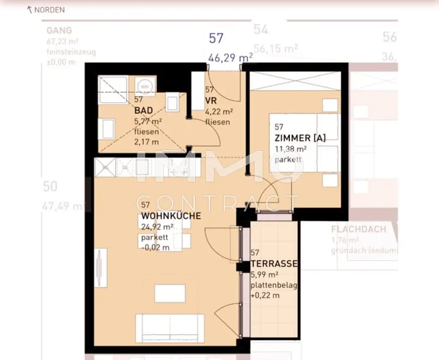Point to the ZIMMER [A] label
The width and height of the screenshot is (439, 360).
click(300, 138)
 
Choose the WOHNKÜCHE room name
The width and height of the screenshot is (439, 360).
click(171, 216)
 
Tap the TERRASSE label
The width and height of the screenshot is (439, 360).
click(274, 263)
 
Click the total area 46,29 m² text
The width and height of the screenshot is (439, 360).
click(230, 56)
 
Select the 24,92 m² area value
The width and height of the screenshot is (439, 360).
click(157, 227)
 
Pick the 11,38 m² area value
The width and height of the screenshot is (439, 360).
click(290, 149)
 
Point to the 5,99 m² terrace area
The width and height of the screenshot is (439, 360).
click(265, 274)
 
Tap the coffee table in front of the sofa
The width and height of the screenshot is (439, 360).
click(170, 293)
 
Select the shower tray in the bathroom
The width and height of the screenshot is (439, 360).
click(113, 90)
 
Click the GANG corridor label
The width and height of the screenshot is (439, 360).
click(59, 31)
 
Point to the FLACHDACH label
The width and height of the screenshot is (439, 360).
click(358, 229)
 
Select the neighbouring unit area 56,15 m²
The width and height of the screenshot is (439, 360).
click(275, 48)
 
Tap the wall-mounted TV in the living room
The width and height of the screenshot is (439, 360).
click(99, 268)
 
